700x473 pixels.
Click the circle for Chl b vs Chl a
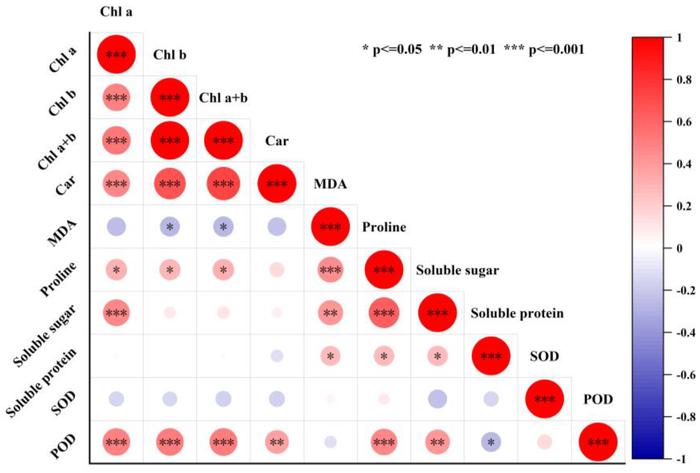[x=116, y=98]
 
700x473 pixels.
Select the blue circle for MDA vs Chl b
[x=170, y=227]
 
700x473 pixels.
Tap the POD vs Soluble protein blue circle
[x=491, y=442]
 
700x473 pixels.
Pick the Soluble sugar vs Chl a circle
[x=116, y=313]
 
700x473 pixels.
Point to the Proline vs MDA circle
[x=330, y=270]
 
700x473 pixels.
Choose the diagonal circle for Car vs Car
[x=277, y=183]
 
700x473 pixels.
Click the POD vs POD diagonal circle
[x=598, y=442]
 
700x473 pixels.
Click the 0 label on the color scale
[x=680, y=248]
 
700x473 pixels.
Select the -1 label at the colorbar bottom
[x=681, y=459]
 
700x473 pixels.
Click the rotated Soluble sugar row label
[x=45, y=336]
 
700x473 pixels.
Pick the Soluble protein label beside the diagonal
[x=517, y=313]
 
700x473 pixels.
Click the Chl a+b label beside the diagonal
[x=223, y=98]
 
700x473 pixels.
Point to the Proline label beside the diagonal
[x=384, y=227]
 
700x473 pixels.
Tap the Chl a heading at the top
[x=116, y=12]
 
